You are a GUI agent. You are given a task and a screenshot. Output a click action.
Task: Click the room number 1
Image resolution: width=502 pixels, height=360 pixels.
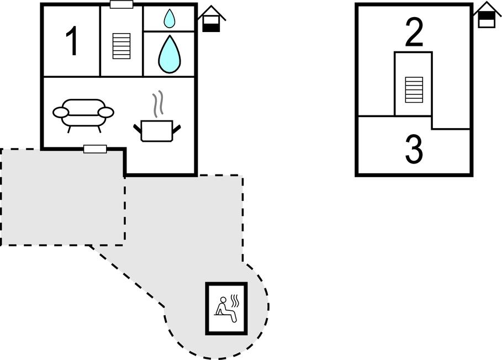72,43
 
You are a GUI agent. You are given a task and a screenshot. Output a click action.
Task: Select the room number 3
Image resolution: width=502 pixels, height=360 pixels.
414,149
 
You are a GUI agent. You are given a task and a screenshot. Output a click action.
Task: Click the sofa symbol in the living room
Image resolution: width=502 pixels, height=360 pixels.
83,114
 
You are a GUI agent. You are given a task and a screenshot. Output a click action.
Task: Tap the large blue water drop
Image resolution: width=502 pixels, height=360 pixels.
169,54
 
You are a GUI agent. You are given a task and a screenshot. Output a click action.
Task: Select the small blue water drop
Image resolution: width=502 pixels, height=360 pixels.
169,19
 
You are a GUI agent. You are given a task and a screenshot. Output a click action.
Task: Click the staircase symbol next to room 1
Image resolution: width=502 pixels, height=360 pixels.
121,46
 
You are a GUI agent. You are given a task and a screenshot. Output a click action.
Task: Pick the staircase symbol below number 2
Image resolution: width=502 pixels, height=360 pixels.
414,89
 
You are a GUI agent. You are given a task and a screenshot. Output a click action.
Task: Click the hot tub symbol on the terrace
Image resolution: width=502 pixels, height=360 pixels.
226,308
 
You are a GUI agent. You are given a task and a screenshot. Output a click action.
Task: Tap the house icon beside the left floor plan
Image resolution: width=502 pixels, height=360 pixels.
212,19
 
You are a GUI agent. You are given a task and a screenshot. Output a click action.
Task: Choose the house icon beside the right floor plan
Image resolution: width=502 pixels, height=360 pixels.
486,15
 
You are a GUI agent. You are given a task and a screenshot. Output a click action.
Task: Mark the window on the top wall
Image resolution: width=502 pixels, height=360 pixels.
121,4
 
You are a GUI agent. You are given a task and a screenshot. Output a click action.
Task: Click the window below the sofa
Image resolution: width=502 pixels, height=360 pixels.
95,149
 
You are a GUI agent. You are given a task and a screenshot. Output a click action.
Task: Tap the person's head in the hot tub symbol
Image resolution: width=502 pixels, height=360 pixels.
224,301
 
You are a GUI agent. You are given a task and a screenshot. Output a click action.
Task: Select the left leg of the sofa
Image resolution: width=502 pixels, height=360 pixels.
68,128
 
